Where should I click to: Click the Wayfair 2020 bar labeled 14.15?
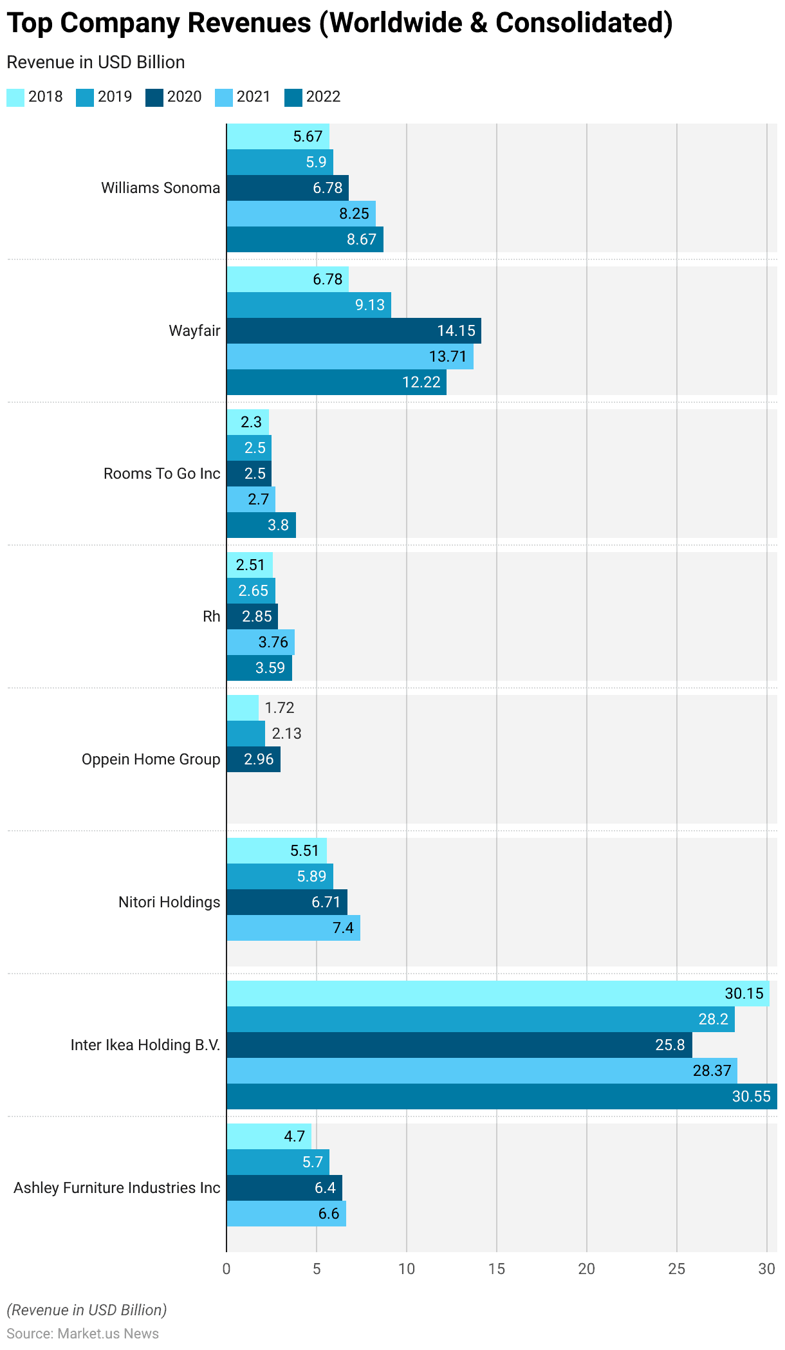coord(353,331)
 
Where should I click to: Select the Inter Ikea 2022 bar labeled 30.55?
coord(501,1096)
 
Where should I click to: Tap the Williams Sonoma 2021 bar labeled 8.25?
coord(300,214)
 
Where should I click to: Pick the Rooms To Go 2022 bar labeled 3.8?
coord(261,525)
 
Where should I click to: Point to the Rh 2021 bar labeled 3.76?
coord(260,642)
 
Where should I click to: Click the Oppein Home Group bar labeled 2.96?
coord(253,759)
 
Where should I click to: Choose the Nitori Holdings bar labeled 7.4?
coord(293,928)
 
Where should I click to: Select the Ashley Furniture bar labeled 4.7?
coord(268,1136)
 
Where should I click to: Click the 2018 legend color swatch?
coord(15,97)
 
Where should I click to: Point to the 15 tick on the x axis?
coord(497,1269)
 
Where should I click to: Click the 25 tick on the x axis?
coord(677,1269)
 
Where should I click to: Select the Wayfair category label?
coord(194,331)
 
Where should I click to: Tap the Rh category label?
coord(211,616)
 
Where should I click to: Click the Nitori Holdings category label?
coord(169,902)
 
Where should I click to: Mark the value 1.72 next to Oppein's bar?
coord(279,708)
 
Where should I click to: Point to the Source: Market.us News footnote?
coord(82,1333)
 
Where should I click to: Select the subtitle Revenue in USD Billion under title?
coord(96,62)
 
